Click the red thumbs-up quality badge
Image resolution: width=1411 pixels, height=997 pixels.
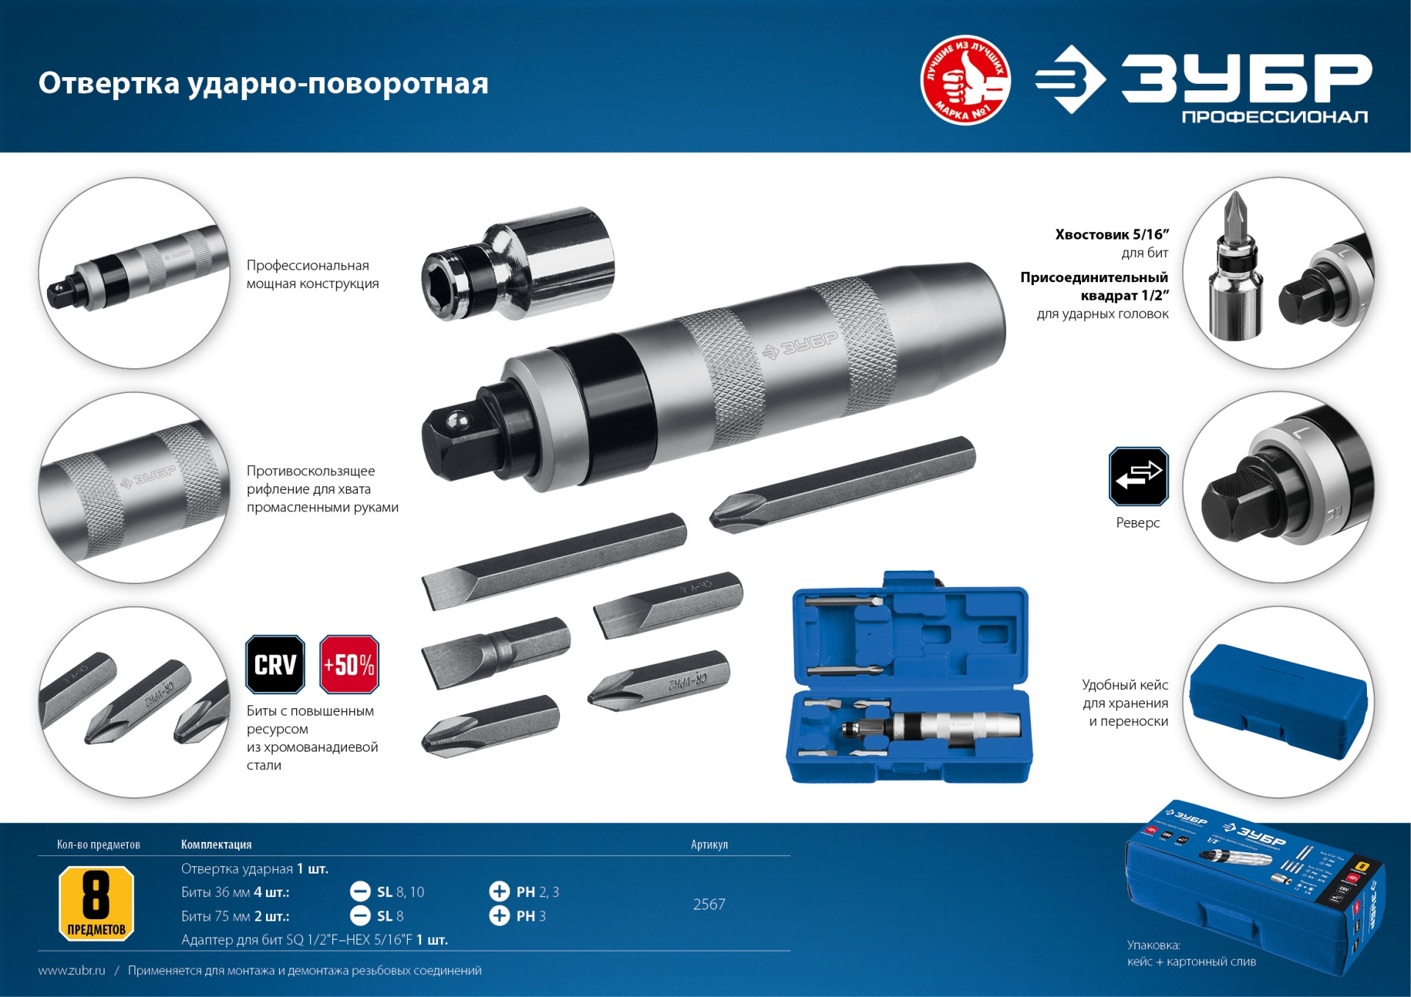click(x=965, y=80)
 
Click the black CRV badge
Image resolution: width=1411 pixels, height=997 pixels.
click(x=275, y=664)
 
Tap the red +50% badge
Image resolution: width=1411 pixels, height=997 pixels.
click(x=349, y=664)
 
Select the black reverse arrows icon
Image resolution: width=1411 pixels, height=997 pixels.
click(x=1138, y=476)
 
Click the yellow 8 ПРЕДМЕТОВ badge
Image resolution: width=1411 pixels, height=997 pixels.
click(x=96, y=903)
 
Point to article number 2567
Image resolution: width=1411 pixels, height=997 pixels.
click(x=709, y=904)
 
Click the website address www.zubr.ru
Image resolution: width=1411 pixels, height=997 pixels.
click(x=71, y=971)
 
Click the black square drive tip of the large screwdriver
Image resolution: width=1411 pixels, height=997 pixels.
click(x=450, y=441)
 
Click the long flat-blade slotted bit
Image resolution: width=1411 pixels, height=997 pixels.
click(x=553, y=560)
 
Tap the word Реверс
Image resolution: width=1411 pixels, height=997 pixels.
click(x=1138, y=523)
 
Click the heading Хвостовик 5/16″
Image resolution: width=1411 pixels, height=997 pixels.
click(x=1111, y=234)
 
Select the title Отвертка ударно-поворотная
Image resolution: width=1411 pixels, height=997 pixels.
click(x=263, y=83)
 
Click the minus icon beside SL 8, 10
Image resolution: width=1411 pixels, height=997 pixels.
click(x=360, y=892)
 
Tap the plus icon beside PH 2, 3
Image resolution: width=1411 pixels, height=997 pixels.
click(x=499, y=892)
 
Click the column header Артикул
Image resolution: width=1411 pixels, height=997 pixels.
click(x=709, y=845)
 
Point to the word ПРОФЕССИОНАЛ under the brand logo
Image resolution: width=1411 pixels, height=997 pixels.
click(x=1274, y=117)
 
